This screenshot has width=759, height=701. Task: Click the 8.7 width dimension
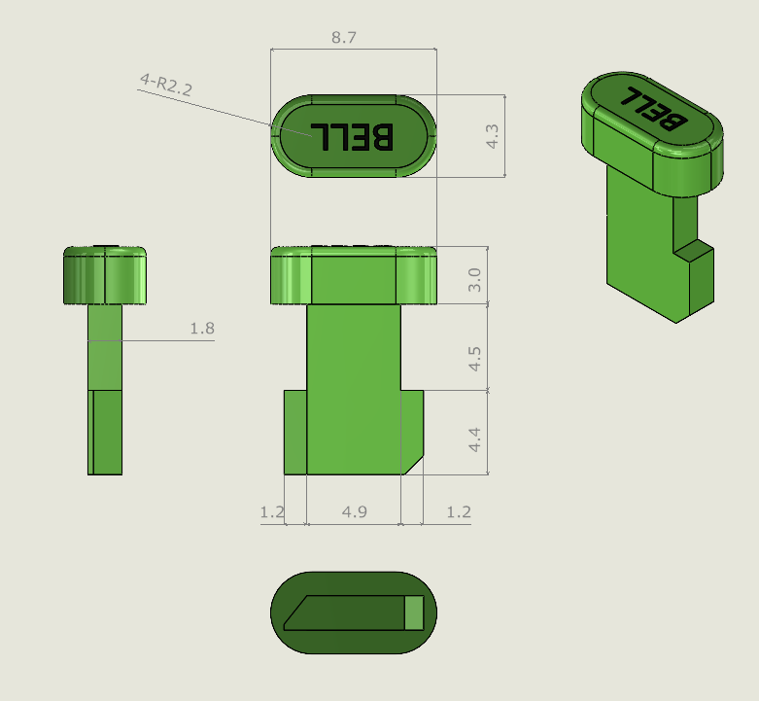tap(344, 37)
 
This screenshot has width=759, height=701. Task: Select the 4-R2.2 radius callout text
tap(166, 84)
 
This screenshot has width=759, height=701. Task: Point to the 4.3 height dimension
tap(492, 136)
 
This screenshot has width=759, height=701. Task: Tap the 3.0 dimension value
tap(474, 280)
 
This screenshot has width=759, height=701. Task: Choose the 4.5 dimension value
tap(474, 359)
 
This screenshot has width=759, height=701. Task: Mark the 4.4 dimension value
tap(474, 439)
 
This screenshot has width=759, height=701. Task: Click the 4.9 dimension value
tap(355, 511)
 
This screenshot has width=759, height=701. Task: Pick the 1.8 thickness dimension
tap(202, 329)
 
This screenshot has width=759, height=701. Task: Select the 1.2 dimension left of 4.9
tap(272, 511)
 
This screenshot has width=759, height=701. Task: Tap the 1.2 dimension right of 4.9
tap(459, 511)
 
